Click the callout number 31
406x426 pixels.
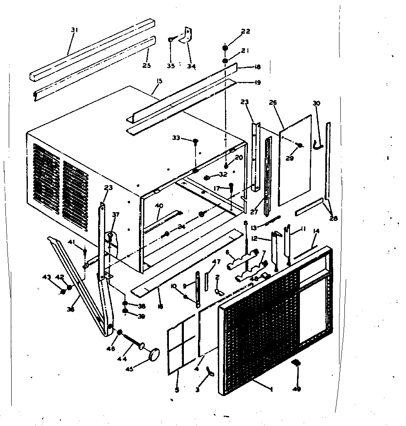[74, 30]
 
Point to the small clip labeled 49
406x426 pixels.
[296, 363]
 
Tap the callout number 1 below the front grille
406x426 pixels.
[272, 389]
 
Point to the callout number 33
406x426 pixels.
[177, 138]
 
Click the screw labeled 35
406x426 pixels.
[171, 40]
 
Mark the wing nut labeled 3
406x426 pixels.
[209, 376]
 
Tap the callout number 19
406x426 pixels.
[257, 82]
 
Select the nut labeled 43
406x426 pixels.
[63, 291]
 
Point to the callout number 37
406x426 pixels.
[116, 215]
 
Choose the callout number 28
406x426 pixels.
[333, 218]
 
